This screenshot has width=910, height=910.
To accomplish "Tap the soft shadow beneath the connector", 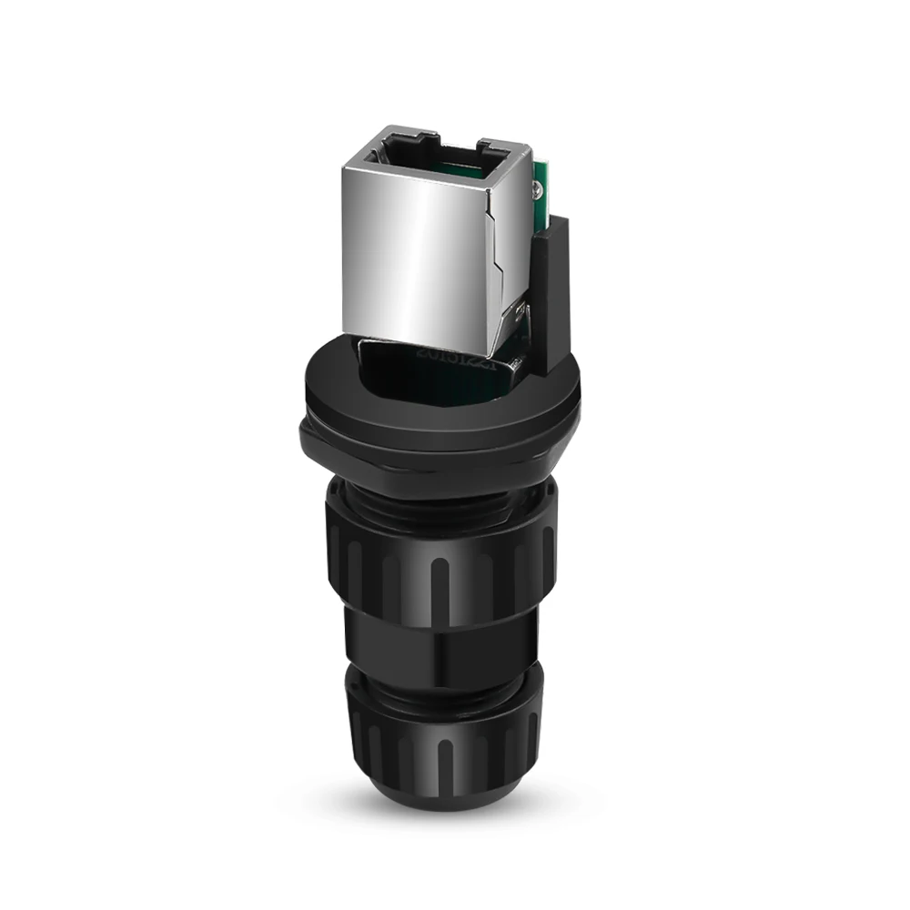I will (x=510, y=801).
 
